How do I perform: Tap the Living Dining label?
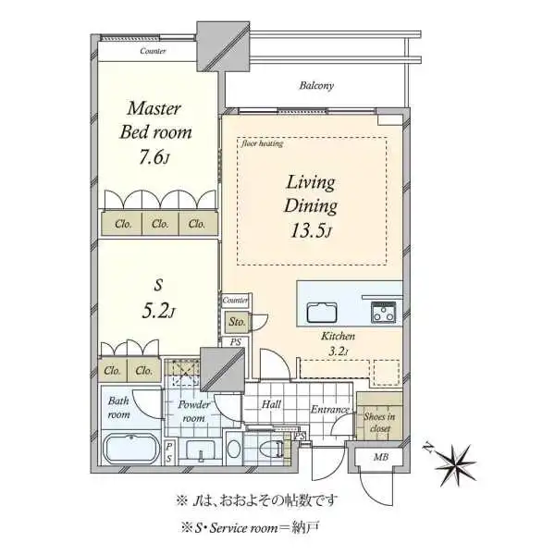[310, 194]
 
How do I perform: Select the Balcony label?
[315, 86]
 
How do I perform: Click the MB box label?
[380, 457]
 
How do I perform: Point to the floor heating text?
[263, 143]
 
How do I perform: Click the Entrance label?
[329, 410]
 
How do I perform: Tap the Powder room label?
[194, 412]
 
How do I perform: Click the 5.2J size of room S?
[156, 312]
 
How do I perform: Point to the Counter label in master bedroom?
[154, 51]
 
